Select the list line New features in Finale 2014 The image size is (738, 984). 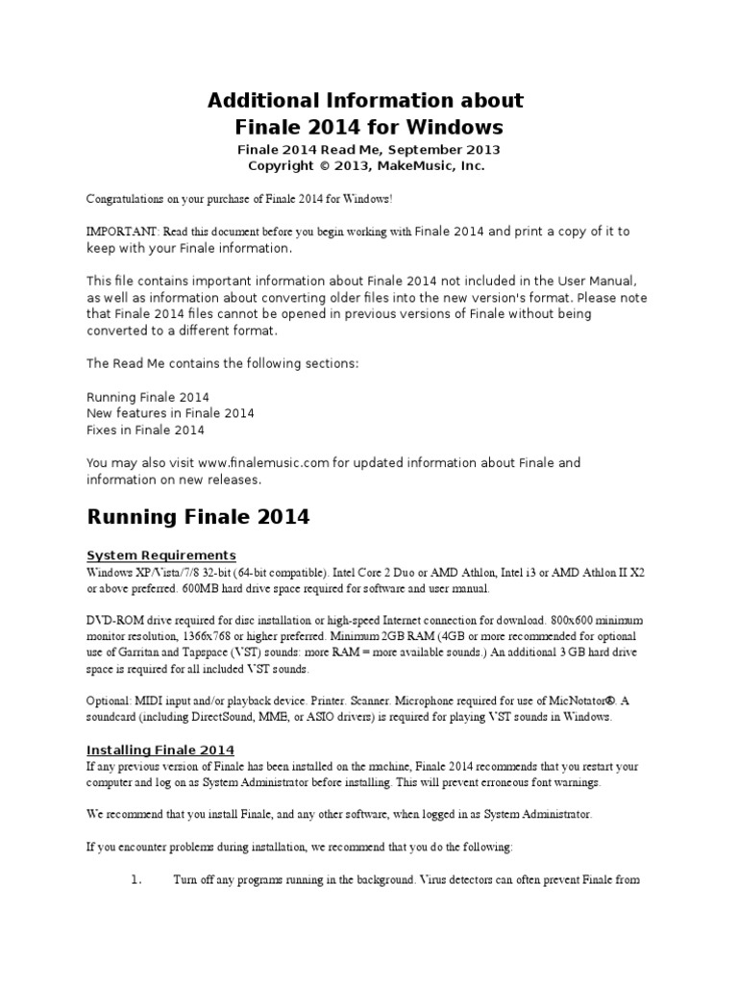(170, 413)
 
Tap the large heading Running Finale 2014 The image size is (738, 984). (198, 517)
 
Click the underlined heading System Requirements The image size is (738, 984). (161, 555)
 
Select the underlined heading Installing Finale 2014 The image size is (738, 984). (160, 750)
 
